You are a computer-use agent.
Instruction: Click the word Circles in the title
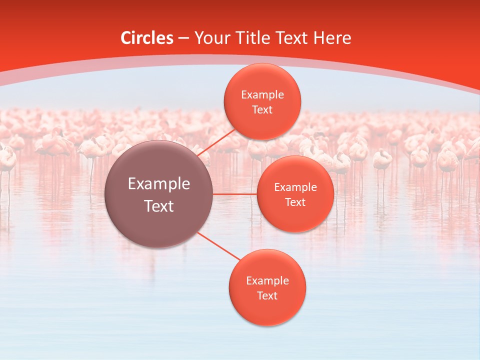coord(146,38)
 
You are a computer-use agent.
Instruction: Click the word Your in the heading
coord(212,38)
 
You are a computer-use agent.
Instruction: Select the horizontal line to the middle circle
coord(235,194)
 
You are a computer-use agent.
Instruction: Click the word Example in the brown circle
coord(159,184)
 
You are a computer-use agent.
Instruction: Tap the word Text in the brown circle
coord(159,206)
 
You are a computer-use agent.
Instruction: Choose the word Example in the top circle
coord(262,95)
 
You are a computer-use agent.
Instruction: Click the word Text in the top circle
coord(262,110)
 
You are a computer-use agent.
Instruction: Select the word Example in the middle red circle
coord(295,187)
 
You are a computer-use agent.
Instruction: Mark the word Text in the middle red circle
coord(295,202)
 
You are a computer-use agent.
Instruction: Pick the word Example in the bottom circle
coord(267,281)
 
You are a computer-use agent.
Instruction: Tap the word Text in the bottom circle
coord(267,296)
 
